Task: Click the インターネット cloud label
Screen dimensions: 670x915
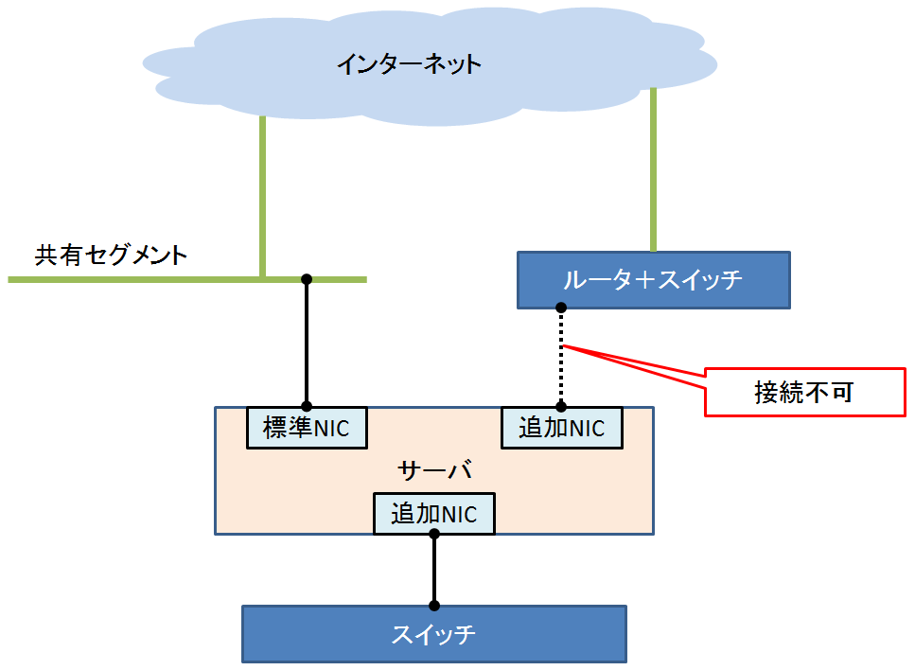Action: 409,64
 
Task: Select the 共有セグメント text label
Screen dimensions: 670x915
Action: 112,256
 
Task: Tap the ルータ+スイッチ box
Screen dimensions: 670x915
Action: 653,280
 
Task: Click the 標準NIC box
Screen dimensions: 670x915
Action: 306,428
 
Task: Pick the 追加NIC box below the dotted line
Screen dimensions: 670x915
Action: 561,428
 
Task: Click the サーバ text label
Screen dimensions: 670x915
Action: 434,470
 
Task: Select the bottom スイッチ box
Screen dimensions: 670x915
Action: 433,634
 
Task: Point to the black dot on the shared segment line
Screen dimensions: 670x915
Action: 306,279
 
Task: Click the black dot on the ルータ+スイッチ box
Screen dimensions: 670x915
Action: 561,308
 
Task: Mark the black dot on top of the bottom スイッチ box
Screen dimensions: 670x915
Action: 434,606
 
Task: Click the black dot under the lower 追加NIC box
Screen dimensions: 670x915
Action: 434,535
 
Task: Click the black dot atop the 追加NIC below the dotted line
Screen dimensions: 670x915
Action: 561,408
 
